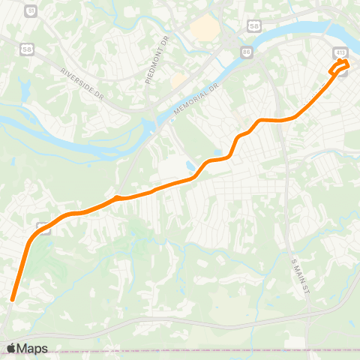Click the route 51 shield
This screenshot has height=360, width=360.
click(x=30, y=11)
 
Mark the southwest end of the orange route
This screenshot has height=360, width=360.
click(x=12, y=300)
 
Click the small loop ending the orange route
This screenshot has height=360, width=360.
click(x=340, y=66)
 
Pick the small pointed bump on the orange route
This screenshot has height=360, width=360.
click(x=115, y=197)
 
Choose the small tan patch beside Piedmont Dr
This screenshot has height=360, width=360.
click(x=178, y=79)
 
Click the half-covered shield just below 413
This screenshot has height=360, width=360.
click(x=344, y=73)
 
